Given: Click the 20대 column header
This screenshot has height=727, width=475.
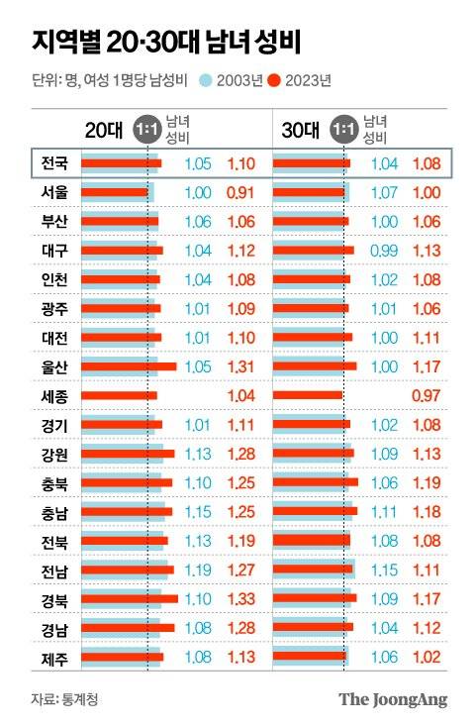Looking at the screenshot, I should pos(102,130).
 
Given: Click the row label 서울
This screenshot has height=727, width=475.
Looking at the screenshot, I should pos(54,191).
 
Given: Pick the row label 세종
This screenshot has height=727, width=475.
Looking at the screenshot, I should pos(54,395).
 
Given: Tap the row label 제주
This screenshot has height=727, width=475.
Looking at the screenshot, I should pos(54,657).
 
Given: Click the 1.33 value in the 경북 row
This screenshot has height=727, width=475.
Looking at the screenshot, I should pos(241,599).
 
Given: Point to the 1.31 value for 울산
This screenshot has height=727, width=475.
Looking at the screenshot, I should pos(241,366).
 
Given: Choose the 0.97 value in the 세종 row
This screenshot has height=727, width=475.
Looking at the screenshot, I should pos(426,395).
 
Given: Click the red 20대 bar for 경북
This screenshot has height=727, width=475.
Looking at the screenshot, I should pos(129,599).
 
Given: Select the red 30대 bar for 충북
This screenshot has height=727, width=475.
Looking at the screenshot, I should pos(315,482).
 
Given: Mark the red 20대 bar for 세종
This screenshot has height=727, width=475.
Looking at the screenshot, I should pos(118,395).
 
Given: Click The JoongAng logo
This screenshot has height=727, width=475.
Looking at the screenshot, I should pos(393,699).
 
